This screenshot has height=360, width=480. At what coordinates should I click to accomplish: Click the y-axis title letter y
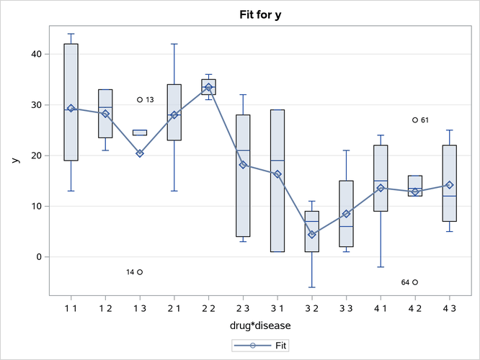click(14, 160)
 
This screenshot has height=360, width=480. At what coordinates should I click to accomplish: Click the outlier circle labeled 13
click(140, 100)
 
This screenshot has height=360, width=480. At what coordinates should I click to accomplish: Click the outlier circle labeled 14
click(140, 272)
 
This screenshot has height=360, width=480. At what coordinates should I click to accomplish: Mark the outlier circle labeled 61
click(415, 120)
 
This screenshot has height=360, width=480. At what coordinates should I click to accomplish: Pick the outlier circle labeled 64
click(415, 282)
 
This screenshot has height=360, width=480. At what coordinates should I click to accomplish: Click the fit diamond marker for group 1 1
click(71, 108)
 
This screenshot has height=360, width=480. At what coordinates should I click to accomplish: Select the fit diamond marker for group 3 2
click(312, 234)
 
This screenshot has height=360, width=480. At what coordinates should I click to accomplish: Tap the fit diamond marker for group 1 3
click(140, 153)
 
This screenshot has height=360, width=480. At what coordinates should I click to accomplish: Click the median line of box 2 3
click(243, 150)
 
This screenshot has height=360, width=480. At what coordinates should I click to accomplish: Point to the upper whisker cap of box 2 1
click(174, 44)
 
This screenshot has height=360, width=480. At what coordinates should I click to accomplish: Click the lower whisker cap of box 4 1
click(381, 267)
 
